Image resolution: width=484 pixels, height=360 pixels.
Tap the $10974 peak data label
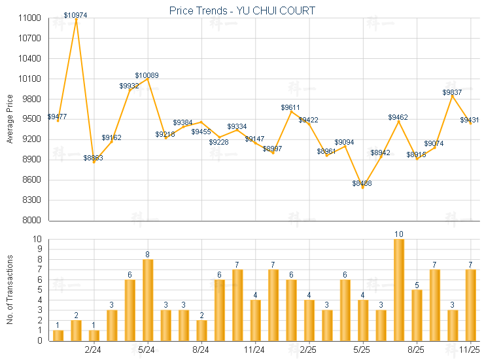76,14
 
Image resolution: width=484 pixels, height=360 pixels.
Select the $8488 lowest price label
362,183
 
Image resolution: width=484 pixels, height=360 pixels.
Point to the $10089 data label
147,75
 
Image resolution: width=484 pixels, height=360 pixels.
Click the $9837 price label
452,92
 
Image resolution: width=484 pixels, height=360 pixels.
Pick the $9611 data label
290,107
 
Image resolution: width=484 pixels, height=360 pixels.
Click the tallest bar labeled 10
398,289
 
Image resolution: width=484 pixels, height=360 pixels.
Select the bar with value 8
148,300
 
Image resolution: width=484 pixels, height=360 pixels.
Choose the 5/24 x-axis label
147,350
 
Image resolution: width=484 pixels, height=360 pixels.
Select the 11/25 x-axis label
470,350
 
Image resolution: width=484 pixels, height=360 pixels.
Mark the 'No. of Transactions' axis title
10,289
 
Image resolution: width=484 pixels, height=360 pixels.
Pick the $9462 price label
398,117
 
